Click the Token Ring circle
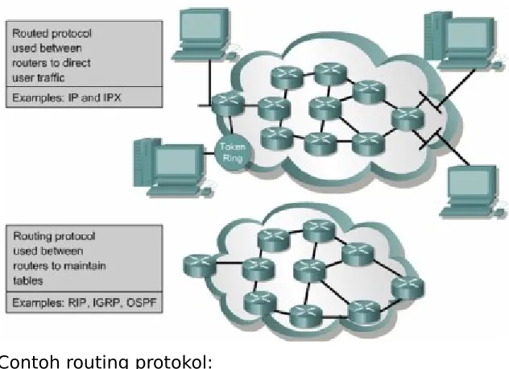coord(233,152)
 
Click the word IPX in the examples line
coord(112,97)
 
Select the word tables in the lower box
coord(28,280)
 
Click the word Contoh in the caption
coord(22,363)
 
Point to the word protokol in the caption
coord(174,363)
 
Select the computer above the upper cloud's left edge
coord(205,35)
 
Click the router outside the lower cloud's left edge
coord(199,265)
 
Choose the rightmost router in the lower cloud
coord(408,288)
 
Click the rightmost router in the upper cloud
coord(408,118)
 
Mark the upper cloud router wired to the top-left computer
coord(228,103)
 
